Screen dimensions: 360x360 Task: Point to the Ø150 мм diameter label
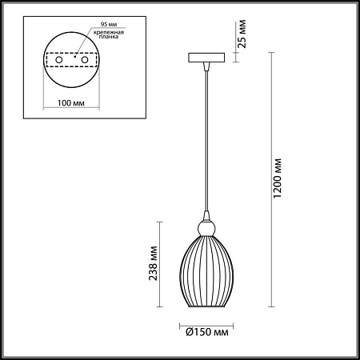pos(206,330)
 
